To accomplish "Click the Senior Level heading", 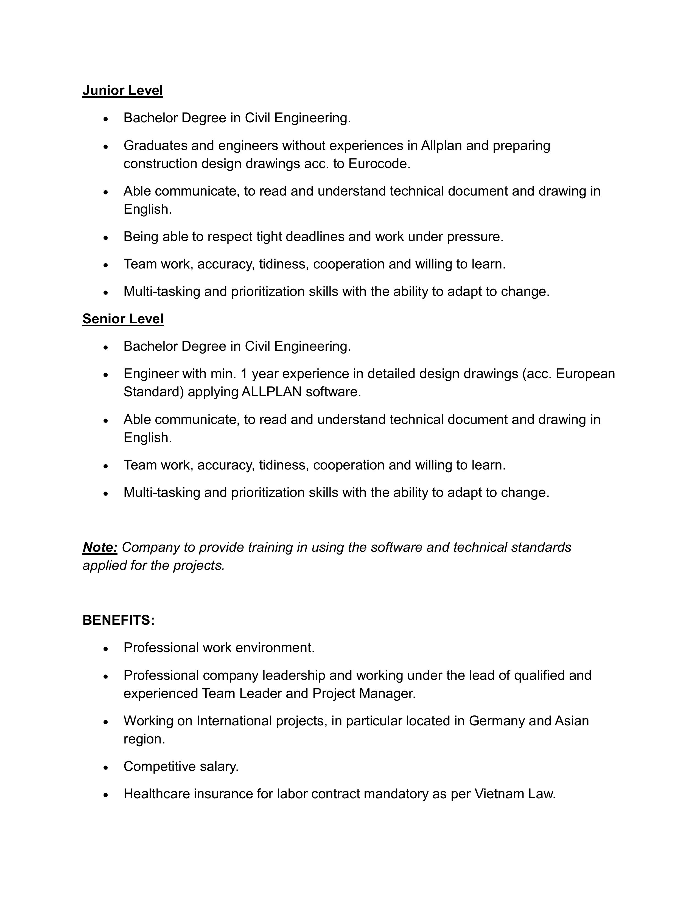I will [123, 319].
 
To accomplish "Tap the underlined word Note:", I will [100, 547].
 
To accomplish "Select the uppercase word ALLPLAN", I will [271, 392].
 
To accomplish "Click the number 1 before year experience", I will [244, 374].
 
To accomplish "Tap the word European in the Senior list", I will [585, 374].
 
